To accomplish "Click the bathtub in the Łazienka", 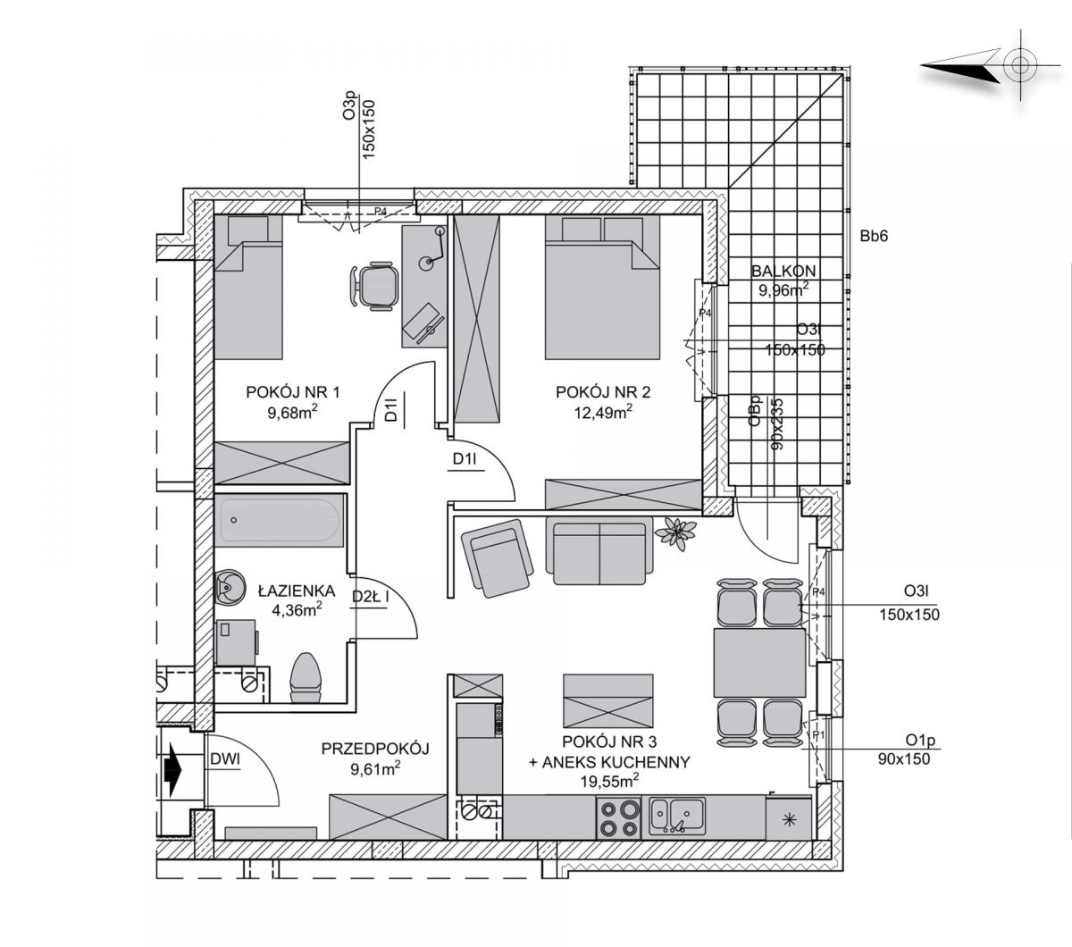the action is coord(280,521).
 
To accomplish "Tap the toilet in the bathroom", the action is coord(306,678).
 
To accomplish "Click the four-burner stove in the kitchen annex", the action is coord(618,817).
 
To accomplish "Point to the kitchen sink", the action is coord(677,816).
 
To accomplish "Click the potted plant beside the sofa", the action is coord(675,533).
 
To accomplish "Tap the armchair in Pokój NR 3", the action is coord(497,558).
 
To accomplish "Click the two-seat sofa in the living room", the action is coord(600,553).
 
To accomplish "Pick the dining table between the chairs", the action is coord(759,662).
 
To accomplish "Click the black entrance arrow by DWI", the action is coord(172,770).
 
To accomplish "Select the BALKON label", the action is coord(783,271).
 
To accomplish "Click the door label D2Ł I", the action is coord(371,597).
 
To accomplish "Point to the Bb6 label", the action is coord(874,236).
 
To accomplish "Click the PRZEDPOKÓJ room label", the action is coord(375,749).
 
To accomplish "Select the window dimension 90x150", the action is coord(904,759).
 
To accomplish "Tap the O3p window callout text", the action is coord(349,107).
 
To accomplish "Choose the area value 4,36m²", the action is coord(297,609).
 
